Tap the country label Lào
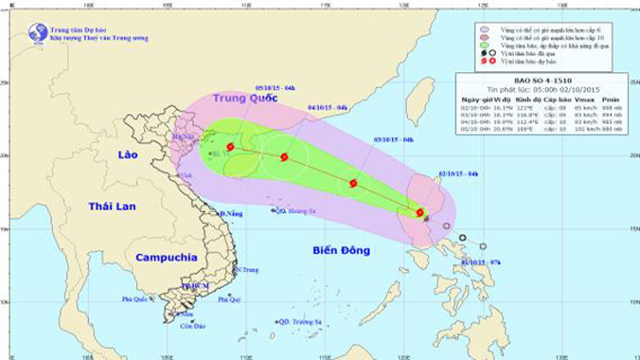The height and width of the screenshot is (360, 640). click(121, 154)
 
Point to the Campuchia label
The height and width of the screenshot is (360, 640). click(166, 257)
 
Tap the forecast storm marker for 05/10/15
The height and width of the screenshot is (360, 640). click(230, 147)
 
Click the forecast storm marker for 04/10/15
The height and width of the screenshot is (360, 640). click(284, 157)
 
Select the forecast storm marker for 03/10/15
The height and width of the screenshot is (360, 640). click(353, 183)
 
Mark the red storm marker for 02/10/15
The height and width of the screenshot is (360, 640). click(419, 212)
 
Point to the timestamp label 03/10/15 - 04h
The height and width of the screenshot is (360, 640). click(394, 139)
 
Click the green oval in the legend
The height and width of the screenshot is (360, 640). click(484, 45)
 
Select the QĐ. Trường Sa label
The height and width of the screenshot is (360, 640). click(299, 321)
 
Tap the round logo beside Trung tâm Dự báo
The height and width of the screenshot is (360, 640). click(38, 31)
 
